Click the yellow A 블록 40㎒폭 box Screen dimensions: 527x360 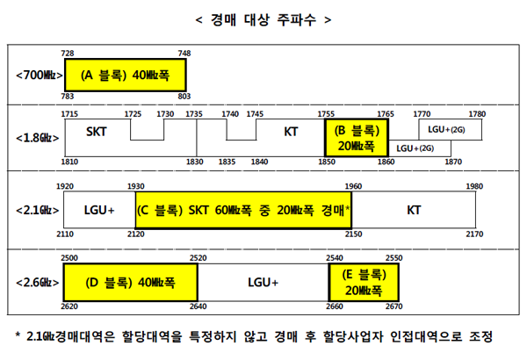[125, 75]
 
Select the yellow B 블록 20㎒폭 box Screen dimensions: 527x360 [357, 138]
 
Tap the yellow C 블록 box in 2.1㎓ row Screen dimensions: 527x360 [243, 210]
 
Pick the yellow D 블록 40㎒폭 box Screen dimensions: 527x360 [130, 283]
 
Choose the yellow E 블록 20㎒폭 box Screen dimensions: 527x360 [364, 283]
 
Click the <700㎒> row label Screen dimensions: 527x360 [40, 75]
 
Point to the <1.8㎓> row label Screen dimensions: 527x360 [37, 138]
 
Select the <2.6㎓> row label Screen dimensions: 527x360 [37, 283]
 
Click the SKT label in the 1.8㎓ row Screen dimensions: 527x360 [97, 132]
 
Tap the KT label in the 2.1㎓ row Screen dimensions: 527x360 [414, 210]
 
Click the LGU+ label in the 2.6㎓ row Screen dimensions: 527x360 [263, 283]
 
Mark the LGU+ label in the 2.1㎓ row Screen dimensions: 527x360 [99, 210]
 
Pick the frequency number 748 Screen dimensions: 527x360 [184, 53]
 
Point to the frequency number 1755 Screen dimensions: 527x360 [326, 114]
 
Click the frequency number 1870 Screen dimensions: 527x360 [453, 162]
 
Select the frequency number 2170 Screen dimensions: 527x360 [474, 234]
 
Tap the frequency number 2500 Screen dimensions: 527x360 [69, 258]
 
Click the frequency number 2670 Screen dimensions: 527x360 [393, 306]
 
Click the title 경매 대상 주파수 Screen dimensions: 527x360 [263, 20]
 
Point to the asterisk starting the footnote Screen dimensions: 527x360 [18, 335]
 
